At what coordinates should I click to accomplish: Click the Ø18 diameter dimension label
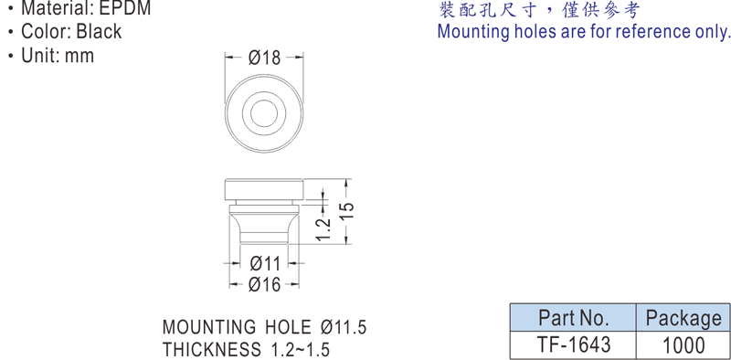[264, 58]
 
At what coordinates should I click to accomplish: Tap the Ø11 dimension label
[265, 264]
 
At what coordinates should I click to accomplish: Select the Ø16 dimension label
[264, 284]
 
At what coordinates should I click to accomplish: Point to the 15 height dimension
[349, 211]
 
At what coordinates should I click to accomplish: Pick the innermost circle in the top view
[264, 113]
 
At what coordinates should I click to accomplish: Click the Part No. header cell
[574, 318]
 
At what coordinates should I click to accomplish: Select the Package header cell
[683, 318]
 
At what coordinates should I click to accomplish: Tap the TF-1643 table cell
[574, 345]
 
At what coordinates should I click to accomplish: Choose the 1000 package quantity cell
[683, 345]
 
